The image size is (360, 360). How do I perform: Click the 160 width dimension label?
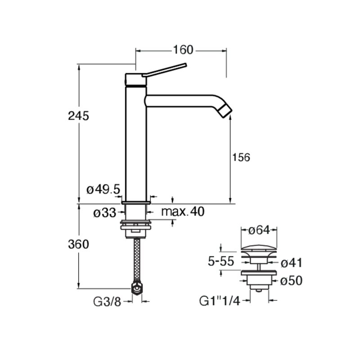click(183, 50)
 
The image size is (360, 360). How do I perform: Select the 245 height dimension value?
click(78, 116)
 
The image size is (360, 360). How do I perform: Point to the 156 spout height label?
click(241, 157)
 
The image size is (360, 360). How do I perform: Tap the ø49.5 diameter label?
click(103, 189)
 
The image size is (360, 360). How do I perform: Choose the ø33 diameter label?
click(105, 213)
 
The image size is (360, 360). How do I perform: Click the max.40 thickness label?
click(183, 211)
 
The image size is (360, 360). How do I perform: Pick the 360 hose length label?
click(78, 244)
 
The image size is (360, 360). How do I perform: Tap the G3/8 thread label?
click(107, 302)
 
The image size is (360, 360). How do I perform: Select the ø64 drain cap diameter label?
click(259, 230)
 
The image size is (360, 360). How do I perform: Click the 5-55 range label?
click(221, 261)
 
